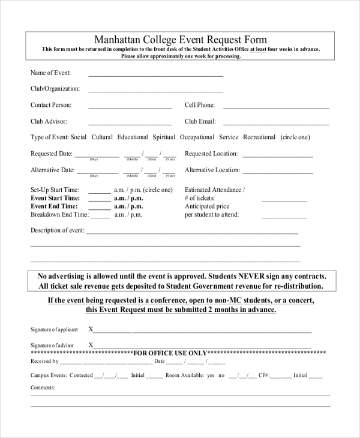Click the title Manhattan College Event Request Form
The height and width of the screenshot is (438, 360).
click(181, 40)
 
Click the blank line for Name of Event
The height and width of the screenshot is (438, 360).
click(155, 76)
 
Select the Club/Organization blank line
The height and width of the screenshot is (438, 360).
click(155, 92)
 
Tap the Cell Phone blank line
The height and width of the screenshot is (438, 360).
click(276, 108)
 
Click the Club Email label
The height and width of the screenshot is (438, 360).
click(200, 121)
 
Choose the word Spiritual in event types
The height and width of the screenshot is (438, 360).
click(164, 137)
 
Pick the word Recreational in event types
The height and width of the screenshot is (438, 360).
click(259, 137)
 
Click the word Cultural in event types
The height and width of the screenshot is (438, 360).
click(102, 137)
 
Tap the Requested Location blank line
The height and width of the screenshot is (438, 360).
click(278, 156)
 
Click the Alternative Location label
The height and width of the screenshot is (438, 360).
click(212, 170)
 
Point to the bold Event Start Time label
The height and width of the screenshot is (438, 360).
click(55, 198)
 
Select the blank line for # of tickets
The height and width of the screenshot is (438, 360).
click(283, 201)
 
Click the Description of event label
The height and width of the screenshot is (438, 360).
click(58, 230)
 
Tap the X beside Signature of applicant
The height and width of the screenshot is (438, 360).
click(91, 329)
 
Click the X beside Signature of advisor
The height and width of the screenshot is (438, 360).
click(91, 345)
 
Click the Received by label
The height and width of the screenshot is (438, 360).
click(44, 361)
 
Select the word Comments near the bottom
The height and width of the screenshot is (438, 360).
click(43, 388)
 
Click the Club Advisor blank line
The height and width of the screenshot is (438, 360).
click(130, 124)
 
